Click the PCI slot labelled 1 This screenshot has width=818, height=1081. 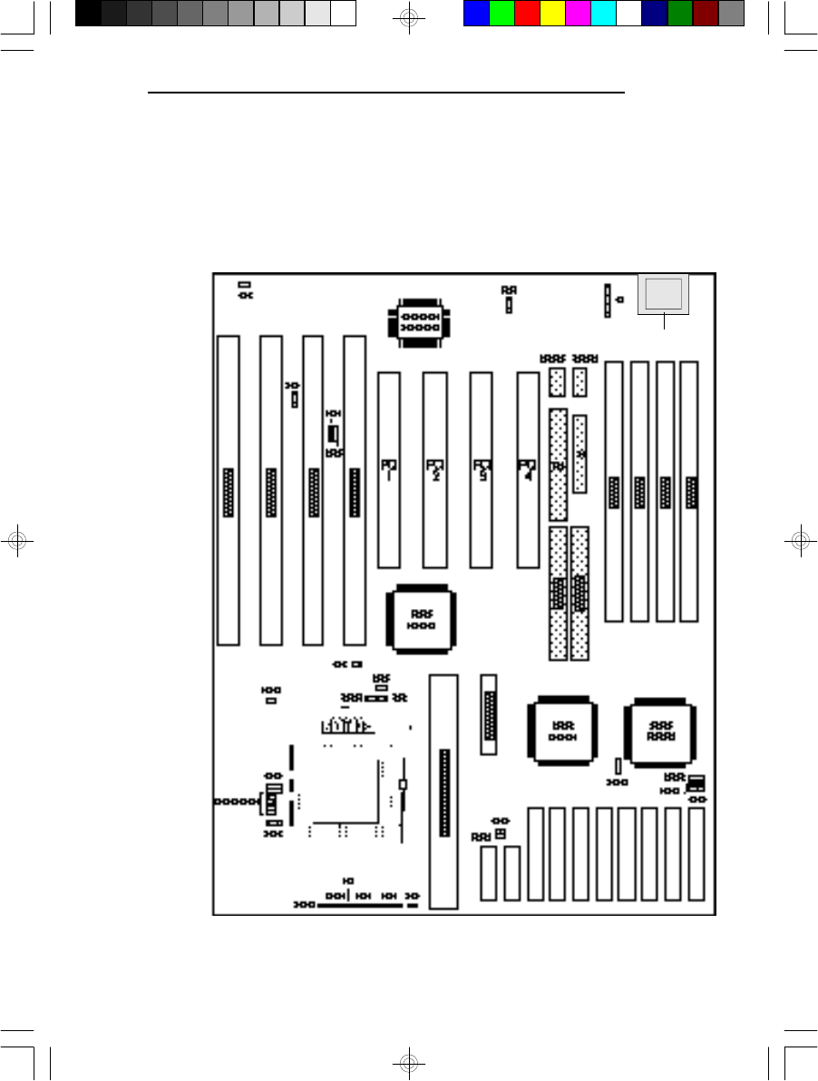pos(389,470)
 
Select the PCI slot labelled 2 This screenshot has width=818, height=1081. pos(435,470)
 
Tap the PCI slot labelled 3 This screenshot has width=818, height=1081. pos(482,470)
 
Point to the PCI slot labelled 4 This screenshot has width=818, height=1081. pos(528,470)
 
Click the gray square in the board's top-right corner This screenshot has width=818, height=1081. pos(663,294)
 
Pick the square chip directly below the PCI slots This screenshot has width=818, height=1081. pos(420,618)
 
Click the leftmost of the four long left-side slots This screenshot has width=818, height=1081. pos(229,490)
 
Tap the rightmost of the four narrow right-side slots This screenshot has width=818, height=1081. pos(689,491)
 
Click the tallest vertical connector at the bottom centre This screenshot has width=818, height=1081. pos(443,791)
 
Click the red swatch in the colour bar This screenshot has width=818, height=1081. pos(527,13)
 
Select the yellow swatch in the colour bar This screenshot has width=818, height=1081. pos(552,13)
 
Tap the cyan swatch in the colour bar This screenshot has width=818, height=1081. pos(603,13)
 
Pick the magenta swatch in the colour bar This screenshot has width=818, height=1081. pos(578,13)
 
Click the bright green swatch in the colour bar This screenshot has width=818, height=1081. pos(502,13)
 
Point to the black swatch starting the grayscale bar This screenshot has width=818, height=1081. pos(88,13)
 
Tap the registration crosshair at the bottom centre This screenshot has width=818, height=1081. pos(409,1061)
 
